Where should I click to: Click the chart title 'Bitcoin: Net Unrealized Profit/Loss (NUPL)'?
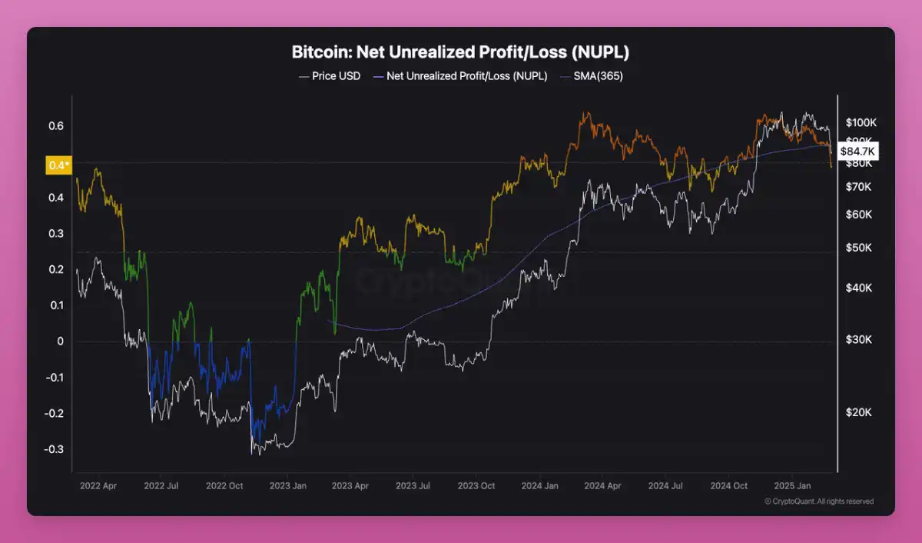[461, 52]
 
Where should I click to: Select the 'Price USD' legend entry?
[330, 77]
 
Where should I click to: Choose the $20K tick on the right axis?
[859, 412]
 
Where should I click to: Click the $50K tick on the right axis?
[859, 248]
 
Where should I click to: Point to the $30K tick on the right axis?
[859, 339]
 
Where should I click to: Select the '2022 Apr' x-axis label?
[98, 486]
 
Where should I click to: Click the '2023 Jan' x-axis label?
[288, 486]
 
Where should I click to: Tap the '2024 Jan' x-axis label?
[539, 486]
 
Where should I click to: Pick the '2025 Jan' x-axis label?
[792, 486]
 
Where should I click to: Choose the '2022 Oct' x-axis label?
[224, 486]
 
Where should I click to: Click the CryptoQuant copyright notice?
[819, 501]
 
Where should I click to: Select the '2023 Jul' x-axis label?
[413, 486]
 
